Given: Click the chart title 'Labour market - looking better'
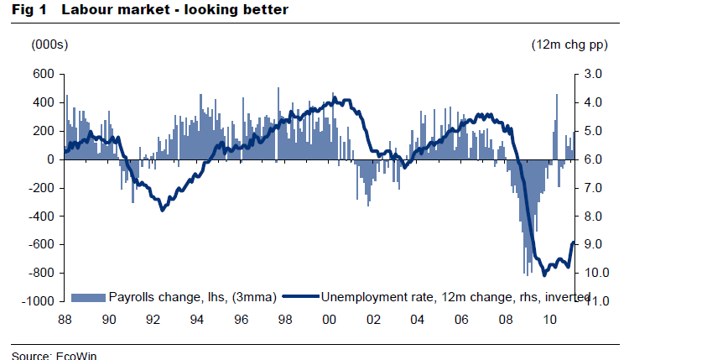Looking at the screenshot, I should point(175,9).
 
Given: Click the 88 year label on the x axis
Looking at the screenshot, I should point(65,320).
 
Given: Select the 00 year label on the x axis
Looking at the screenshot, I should point(329,320).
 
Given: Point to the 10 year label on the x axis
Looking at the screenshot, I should point(549,320).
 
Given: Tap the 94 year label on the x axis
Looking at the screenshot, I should point(196,320).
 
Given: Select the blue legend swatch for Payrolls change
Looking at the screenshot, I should point(88,297).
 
